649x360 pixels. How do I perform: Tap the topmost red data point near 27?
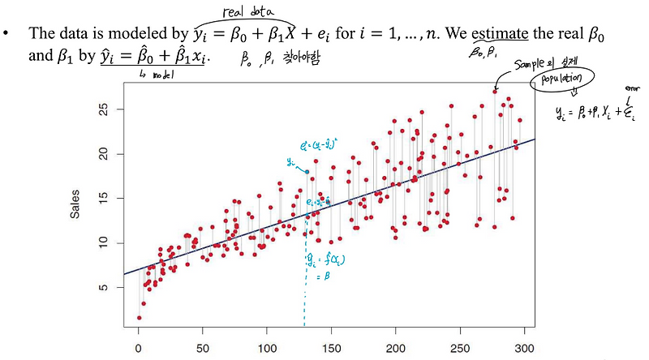point(495,91)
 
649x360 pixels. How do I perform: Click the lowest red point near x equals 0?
point(139,317)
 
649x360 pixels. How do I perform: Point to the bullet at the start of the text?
point(10,34)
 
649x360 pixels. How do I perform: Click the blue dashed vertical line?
point(305,292)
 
